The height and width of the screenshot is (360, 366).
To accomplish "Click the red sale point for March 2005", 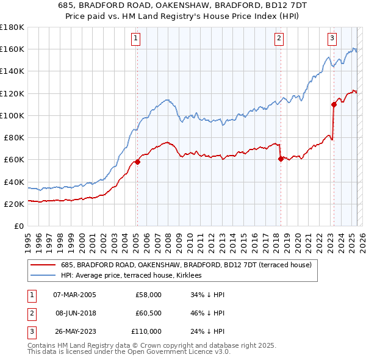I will [138, 162].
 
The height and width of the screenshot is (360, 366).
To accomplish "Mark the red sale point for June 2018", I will [281, 159].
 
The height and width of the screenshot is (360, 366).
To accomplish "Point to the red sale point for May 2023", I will [334, 104].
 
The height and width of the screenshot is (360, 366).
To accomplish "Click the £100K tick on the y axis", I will [12, 115].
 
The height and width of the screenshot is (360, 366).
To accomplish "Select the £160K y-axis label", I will [12, 49].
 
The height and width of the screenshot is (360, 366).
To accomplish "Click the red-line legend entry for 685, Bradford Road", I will [187, 265].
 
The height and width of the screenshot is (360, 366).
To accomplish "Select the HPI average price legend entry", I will [134, 276].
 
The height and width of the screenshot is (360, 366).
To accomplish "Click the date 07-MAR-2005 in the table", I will [74, 295].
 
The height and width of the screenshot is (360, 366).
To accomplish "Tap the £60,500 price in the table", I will [148, 313].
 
